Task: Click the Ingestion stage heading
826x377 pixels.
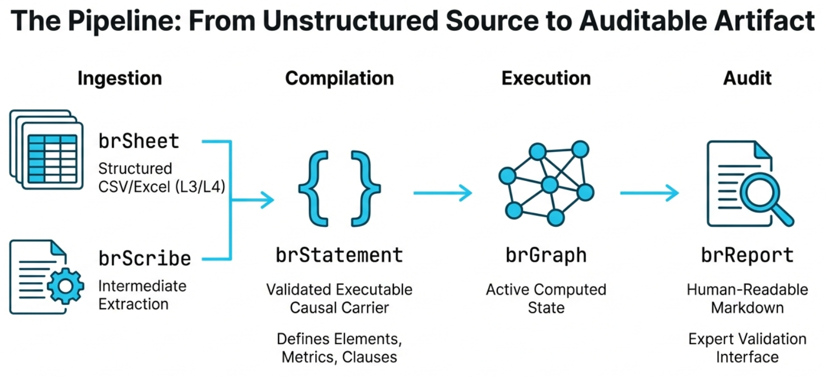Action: [120, 79]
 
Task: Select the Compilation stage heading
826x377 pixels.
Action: [339, 79]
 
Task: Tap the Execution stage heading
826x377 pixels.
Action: [546, 79]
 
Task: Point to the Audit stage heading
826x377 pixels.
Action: [747, 79]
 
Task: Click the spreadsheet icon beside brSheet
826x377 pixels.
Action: [47, 149]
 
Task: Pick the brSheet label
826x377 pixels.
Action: [138, 141]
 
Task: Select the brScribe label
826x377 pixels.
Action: [144, 259]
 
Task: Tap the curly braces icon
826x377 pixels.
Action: [339, 188]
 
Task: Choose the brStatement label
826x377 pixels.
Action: [339, 255]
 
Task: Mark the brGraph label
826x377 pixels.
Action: [546, 255]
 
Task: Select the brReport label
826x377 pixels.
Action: [747, 255]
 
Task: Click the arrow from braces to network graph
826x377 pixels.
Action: [442, 192]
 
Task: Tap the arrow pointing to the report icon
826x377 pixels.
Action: [649, 192]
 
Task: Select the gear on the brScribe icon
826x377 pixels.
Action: [65, 286]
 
